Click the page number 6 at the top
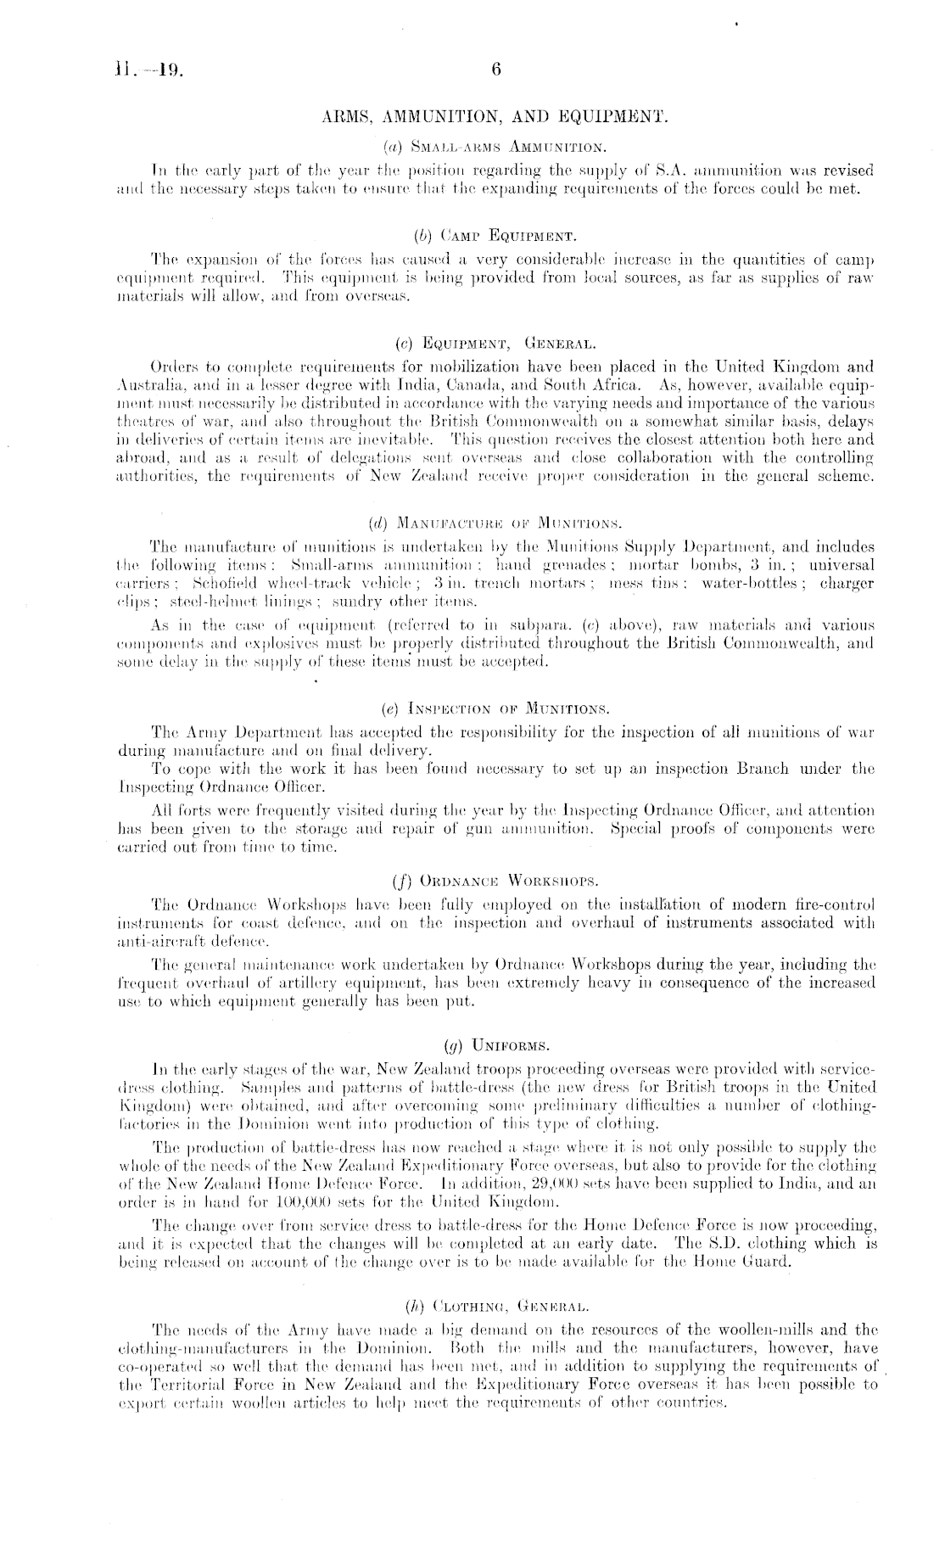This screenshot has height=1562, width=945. (x=496, y=71)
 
